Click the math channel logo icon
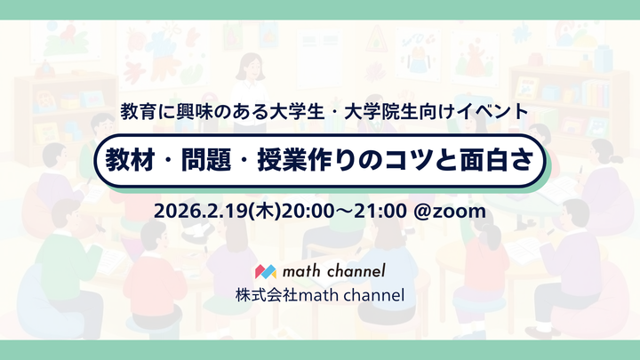coord(266,270)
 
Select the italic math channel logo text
coord(332,270)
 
